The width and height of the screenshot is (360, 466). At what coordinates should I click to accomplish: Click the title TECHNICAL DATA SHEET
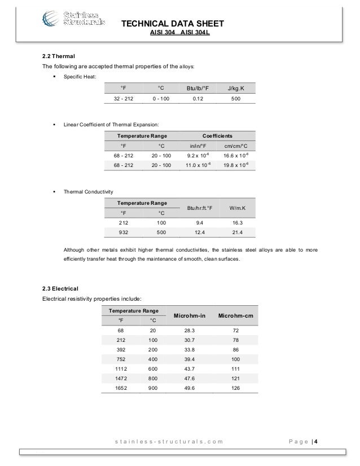173,23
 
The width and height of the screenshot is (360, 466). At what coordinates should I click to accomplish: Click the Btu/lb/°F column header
194,87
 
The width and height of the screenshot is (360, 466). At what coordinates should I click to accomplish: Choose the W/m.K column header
236,207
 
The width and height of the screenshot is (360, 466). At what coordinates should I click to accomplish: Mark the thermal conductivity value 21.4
236,232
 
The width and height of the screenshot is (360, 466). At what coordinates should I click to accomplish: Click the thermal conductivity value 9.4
194,222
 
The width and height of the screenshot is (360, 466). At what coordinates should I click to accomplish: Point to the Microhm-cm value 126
236,388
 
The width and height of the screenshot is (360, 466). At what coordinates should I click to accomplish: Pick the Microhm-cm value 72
236,330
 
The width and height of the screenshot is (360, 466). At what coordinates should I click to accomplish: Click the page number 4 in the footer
316,441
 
